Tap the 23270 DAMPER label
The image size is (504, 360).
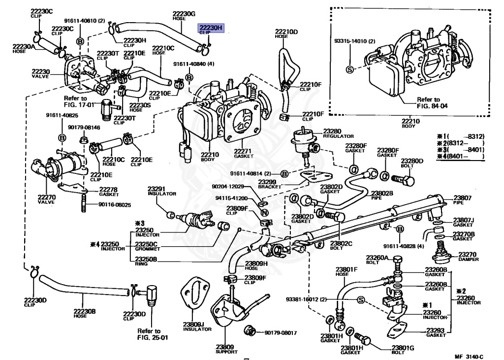pos(468,256)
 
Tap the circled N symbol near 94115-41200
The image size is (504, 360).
pos(264,213)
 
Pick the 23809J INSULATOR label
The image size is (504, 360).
pos(193,326)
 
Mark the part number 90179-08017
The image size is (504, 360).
pos(281,333)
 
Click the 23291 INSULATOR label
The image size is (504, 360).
pos(162,190)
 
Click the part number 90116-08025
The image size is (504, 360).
pos(114,204)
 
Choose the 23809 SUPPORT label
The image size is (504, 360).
pos(226,349)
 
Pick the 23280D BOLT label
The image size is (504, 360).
pos(412,163)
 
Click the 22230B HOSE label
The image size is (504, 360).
pos(84,313)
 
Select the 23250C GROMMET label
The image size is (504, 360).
pos(146,246)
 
